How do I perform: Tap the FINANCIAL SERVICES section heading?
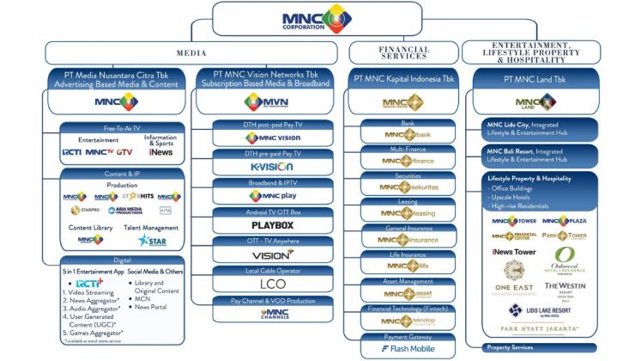[404, 51]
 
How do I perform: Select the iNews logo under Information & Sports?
[160, 152]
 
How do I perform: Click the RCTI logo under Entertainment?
[72, 152]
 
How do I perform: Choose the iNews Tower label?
[514, 252]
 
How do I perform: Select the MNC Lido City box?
[536, 131]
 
